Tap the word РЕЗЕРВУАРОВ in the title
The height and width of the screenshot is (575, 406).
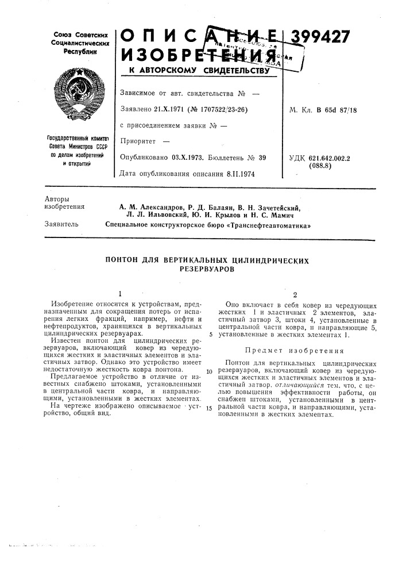208,269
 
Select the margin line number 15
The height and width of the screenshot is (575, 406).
210,408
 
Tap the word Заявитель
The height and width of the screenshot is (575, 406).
61,225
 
